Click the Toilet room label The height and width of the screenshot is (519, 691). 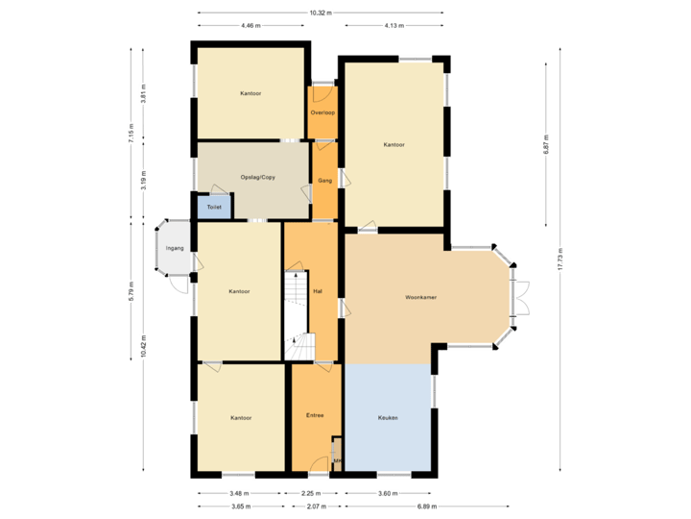[214, 207]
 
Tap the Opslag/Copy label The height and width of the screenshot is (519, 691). [251, 179]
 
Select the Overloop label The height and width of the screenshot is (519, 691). [322, 112]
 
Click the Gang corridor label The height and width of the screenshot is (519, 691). [324, 180]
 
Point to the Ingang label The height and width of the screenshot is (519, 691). [174, 248]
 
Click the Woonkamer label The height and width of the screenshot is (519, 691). [421, 298]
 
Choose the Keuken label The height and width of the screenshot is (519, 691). [388, 418]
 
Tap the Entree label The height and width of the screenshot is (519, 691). [315, 415]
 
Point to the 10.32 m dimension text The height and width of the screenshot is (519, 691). [321, 13]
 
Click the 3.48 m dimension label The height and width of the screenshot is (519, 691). [236, 494]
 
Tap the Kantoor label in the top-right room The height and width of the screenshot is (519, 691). [393, 145]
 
